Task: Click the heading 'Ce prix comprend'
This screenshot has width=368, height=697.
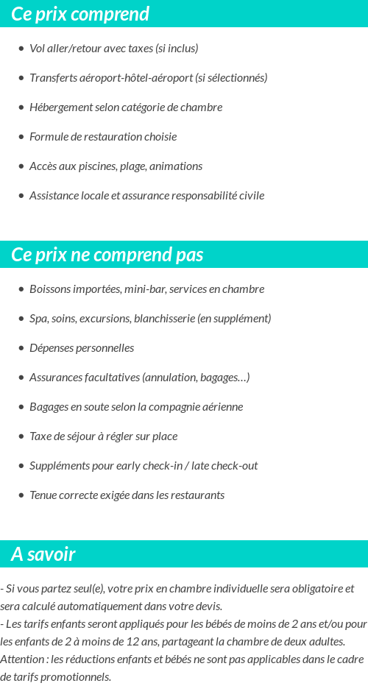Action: [80, 14]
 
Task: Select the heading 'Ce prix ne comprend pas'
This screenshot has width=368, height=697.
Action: [107, 255]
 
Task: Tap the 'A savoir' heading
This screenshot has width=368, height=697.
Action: [43, 554]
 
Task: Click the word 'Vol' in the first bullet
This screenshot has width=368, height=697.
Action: [37, 49]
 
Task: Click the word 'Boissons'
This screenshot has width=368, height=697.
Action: [49, 289]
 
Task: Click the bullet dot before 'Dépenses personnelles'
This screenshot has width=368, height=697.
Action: [21, 348]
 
